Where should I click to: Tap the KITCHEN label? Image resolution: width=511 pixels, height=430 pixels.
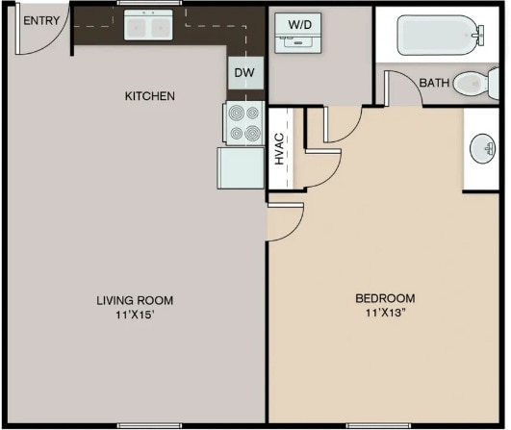pyautogui.click(x=149, y=96)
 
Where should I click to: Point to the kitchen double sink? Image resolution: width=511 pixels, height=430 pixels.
pyautogui.click(x=147, y=26)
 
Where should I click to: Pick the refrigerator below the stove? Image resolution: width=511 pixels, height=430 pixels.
pyautogui.click(x=241, y=167)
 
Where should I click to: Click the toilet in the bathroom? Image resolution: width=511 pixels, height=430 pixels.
pyautogui.click(x=473, y=84)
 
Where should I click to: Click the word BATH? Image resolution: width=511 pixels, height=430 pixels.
pyautogui.click(x=433, y=84)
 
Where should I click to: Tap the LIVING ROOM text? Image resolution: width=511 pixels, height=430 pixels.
pyautogui.click(x=135, y=300)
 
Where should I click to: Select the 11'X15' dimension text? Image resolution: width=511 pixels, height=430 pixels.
pyautogui.click(x=135, y=316)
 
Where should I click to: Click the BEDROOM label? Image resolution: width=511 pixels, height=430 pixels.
pyautogui.click(x=385, y=298)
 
